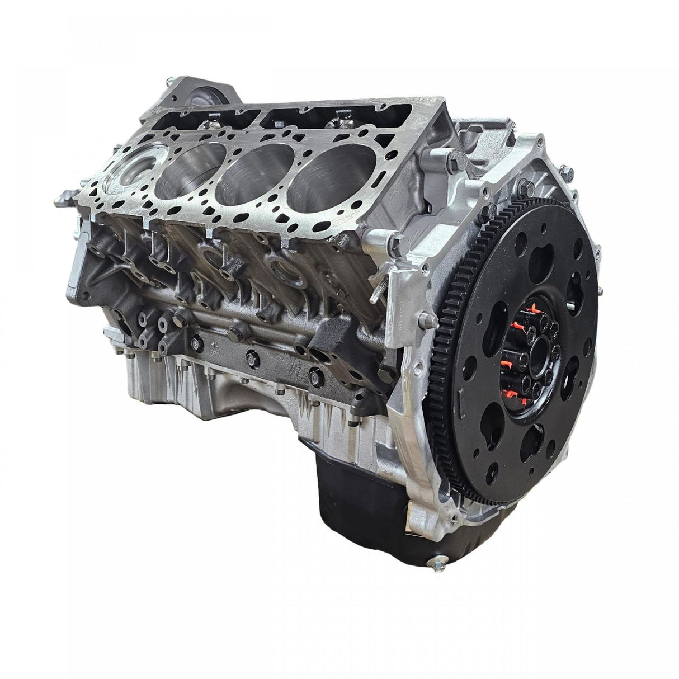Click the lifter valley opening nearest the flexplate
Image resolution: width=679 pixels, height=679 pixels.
pyautogui.click(x=313, y=120)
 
